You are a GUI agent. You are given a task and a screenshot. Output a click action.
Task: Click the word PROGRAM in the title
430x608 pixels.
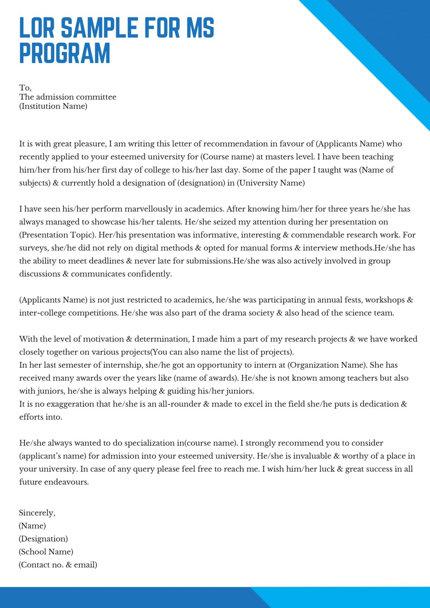click(65, 53)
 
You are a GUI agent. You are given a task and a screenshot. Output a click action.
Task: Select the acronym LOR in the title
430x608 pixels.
click(37, 28)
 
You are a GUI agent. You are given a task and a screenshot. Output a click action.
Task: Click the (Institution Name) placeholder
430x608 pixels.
click(53, 106)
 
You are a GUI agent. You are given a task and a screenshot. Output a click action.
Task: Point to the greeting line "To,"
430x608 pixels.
click(25, 88)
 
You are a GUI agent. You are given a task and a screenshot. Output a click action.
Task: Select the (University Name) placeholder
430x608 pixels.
click(271, 183)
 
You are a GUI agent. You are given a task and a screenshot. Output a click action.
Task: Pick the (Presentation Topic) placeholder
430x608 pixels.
click(56, 235)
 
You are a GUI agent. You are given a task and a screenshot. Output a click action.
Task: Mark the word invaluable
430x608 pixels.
click(311, 456)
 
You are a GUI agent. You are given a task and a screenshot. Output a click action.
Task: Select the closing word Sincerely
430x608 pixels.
click(37, 513)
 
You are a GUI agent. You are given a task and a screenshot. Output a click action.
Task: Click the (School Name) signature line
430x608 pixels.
click(46, 552)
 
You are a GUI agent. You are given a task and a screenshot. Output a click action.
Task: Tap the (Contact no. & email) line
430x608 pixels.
click(58, 565)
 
